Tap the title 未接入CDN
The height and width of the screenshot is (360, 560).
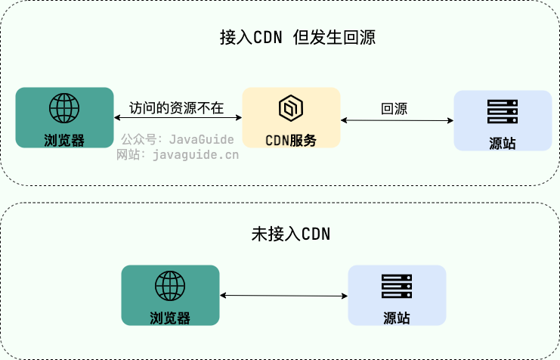tap(291, 234)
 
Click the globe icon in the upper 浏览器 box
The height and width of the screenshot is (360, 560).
tap(64, 108)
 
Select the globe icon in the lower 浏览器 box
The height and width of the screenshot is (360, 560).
tap(170, 286)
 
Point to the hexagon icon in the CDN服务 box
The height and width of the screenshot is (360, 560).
tap(290, 109)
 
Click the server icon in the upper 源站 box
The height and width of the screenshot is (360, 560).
tap(503, 112)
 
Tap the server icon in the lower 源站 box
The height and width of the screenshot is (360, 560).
tap(397, 286)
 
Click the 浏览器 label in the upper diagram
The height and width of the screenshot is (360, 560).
tap(64, 140)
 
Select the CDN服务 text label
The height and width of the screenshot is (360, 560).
tap(291, 140)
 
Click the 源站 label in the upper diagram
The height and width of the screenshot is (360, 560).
tap(503, 143)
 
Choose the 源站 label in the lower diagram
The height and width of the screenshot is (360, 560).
tap(397, 318)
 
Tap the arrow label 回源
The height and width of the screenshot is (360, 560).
tap(394, 108)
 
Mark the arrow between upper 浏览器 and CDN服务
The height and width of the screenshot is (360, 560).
tap(178, 118)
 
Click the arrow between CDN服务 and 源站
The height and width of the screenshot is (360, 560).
tap(397, 119)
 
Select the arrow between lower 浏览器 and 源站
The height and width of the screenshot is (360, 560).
tap(283, 295)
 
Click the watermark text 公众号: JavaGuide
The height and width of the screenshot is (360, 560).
tap(179, 140)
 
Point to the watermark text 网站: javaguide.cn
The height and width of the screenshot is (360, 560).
tap(177, 155)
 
